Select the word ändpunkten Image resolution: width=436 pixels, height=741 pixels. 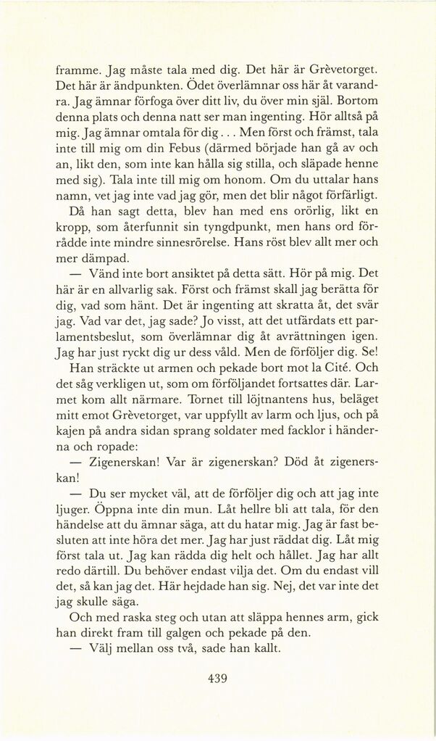pyautogui.click(x=128, y=86)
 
